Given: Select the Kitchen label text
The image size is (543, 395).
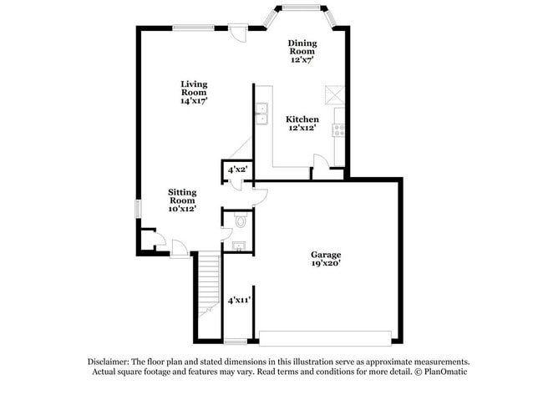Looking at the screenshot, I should pos(302,119).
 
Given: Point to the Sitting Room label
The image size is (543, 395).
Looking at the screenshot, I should pos(181,196).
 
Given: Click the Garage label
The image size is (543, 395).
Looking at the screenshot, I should pos(326,255).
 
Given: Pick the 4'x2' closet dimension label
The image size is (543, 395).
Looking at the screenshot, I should pos(237,169).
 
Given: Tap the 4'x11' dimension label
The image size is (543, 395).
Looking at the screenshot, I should pos(240,299).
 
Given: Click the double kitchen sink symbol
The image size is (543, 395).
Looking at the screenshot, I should pos(262,113).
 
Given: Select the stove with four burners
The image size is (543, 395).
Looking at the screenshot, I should pos(339,129).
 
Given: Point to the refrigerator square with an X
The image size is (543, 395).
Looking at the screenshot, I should pos(335,94).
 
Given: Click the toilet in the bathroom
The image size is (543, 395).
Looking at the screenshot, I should pos(241,221).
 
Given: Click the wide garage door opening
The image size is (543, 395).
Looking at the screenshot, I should pos(325,337).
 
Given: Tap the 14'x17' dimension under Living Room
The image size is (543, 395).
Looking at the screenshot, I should pos(194,100).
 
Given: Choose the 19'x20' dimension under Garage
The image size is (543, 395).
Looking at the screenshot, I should pos(326,264).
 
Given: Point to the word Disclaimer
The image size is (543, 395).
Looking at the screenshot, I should pos(109,361).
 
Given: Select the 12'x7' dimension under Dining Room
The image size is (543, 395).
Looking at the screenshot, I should pos(302,60).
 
